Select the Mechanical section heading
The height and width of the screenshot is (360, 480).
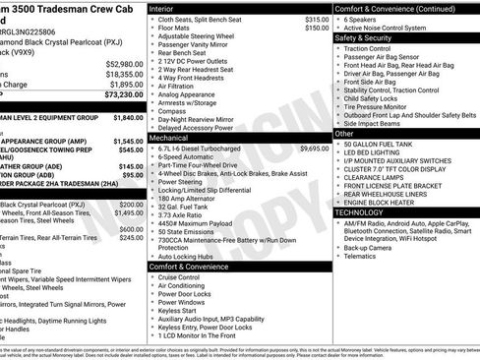click(169, 139)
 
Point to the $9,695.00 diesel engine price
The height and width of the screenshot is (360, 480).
click(314, 149)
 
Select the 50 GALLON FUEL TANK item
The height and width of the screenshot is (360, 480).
click(382, 144)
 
